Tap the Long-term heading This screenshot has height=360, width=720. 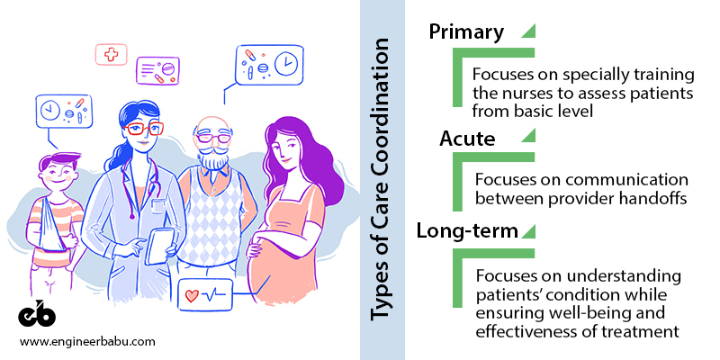pyautogui.click(x=467, y=230)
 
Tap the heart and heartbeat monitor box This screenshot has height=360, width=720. pyautogui.click(x=203, y=295)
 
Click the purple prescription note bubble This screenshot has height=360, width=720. pyautogui.click(x=160, y=71)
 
